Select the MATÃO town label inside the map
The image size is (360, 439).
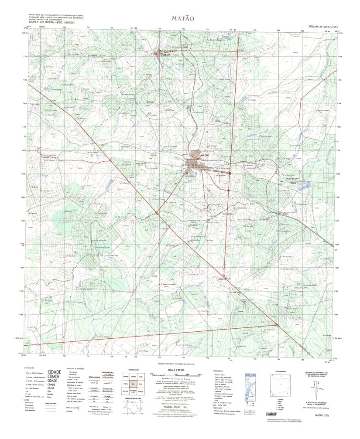pos(205,155)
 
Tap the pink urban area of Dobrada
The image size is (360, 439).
pos(158,54)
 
